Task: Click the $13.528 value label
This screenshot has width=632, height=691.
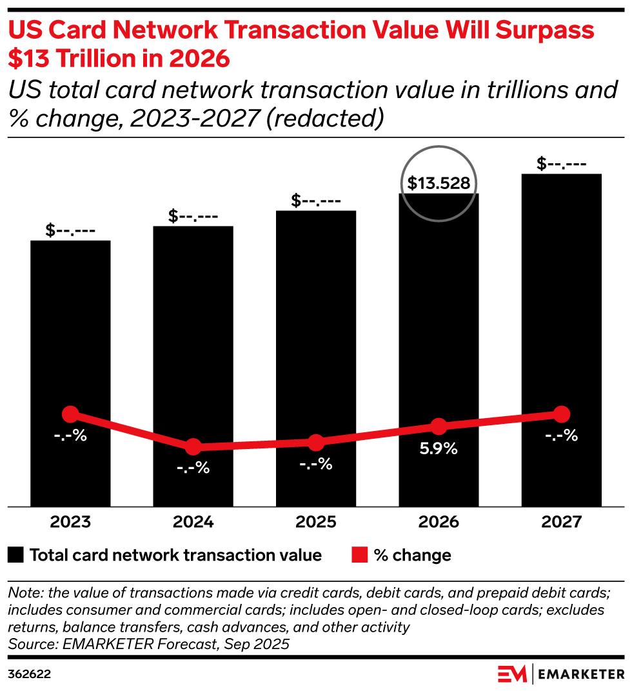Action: pyautogui.click(x=439, y=183)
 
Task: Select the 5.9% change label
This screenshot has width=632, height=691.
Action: pyautogui.click(x=439, y=449)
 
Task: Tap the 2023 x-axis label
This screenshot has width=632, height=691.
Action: pyautogui.click(x=70, y=522)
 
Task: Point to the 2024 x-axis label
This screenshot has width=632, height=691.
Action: pyautogui.click(x=193, y=522)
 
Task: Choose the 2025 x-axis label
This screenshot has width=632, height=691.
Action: pyautogui.click(x=315, y=522)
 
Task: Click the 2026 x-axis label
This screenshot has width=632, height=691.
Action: pyautogui.click(x=439, y=522)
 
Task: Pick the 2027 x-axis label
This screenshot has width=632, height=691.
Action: pyautogui.click(x=561, y=522)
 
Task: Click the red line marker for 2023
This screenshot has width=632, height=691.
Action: pyautogui.click(x=70, y=414)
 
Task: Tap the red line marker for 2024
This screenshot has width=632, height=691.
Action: pyautogui.click(x=193, y=446)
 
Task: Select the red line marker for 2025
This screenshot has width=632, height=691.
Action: pyautogui.click(x=315, y=443)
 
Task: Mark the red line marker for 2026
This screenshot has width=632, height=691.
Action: pyautogui.click(x=439, y=426)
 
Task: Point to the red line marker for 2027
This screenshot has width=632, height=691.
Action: pyautogui.click(x=561, y=414)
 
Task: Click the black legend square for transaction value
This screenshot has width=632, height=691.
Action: pyautogui.click(x=17, y=555)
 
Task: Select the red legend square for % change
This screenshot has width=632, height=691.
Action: pyautogui.click(x=359, y=555)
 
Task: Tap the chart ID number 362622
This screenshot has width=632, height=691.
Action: pyautogui.click(x=29, y=674)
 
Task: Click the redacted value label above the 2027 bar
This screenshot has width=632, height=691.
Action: pyautogui.click(x=561, y=164)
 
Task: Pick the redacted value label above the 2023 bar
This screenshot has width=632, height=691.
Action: pyautogui.click(x=70, y=230)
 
